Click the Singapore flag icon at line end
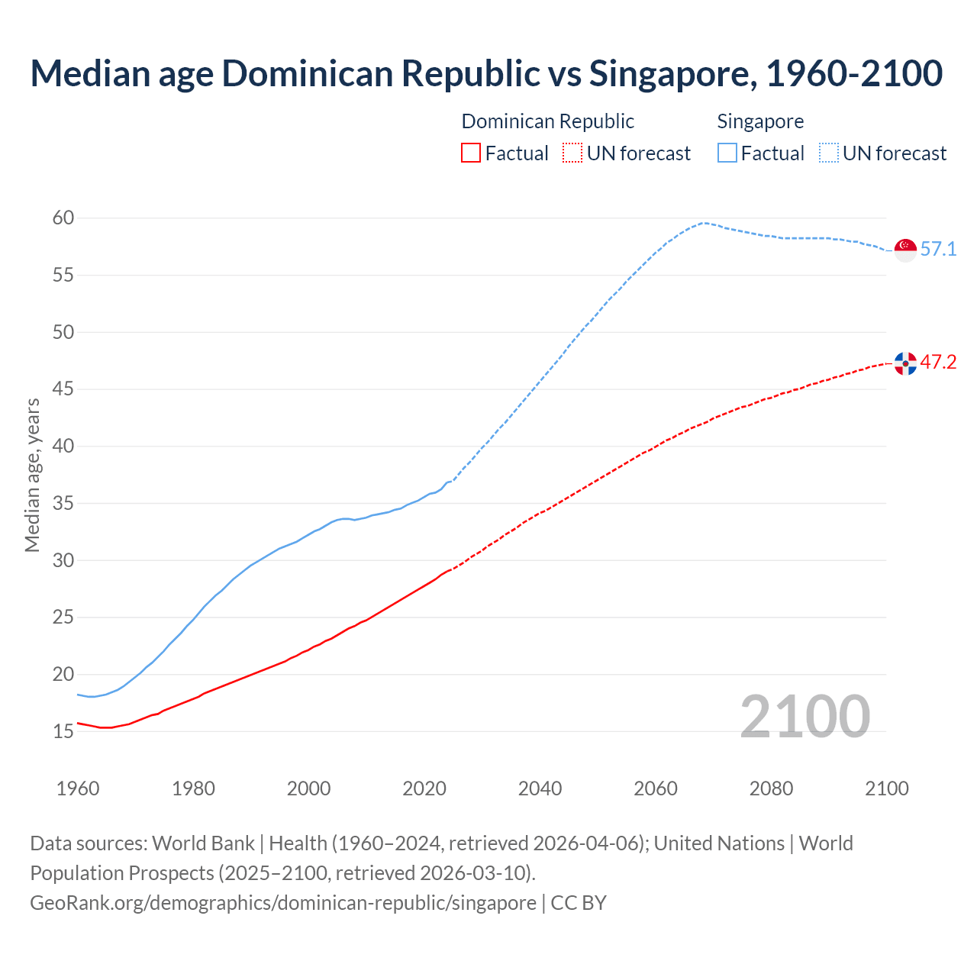click(905, 250)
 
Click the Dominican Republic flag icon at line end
click(905, 363)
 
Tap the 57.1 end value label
click(938, 250)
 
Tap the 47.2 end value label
click(938, 363)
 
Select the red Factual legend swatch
click(471, 153)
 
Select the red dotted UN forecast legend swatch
click(572, 153)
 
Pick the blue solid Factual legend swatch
click(727, 153)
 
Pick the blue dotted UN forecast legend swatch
click(829, 153)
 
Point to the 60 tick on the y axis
click(63, 218)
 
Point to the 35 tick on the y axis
click(63, 504)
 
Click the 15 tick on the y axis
click(63, 732)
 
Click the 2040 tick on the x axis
click(540, 788)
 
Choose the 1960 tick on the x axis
click(78, 788)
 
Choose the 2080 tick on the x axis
click(771, 788)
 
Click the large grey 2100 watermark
click(805, 717)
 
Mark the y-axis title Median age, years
click(32, 475)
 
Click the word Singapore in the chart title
click(672, 73)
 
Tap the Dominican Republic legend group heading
click(547, 121)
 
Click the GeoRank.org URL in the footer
click(282, 903)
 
